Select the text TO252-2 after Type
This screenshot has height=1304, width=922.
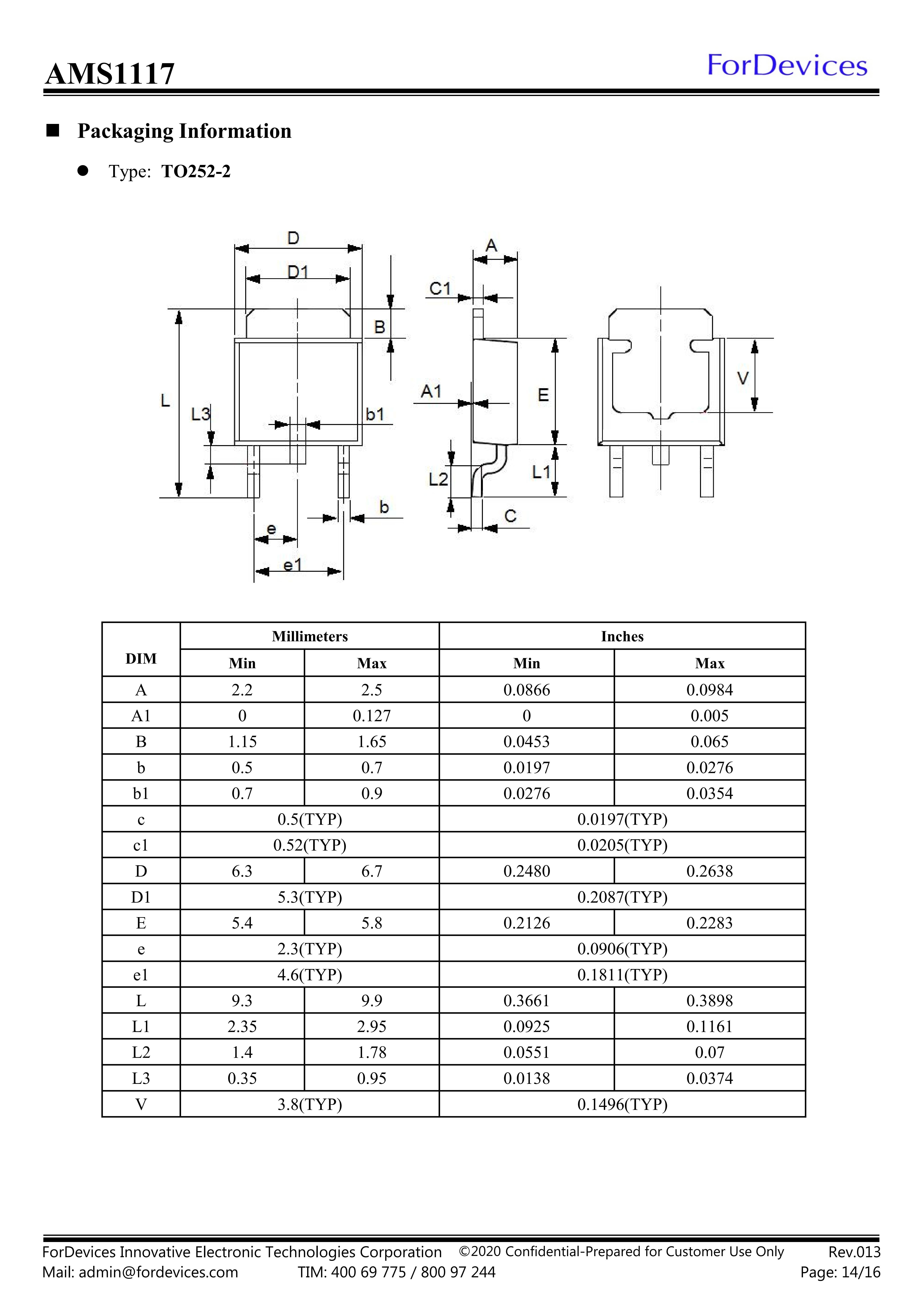pyautogui.click(x=196, y=172)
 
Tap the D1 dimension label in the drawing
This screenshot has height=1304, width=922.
pyautogui.click(x=297, y=273)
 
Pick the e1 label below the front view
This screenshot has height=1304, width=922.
pyautogui.click(x=292, y=565)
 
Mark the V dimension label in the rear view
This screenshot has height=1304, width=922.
pyautogui.click(x=743, y=378)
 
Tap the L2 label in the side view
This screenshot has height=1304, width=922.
pyautogui.click(x=438, y=480)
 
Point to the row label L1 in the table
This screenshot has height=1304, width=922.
pyautogui.click(x=141, y=1027)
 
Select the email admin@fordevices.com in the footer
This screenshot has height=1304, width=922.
pyautogui.click(x=158, y=1272)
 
